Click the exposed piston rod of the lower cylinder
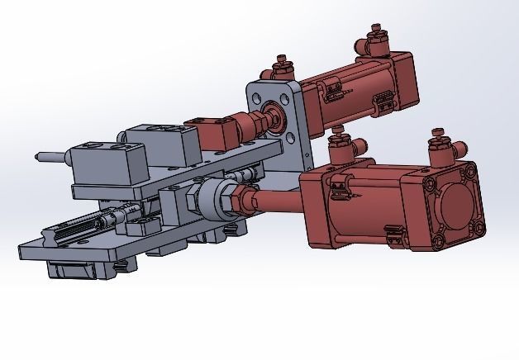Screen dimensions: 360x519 273,202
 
